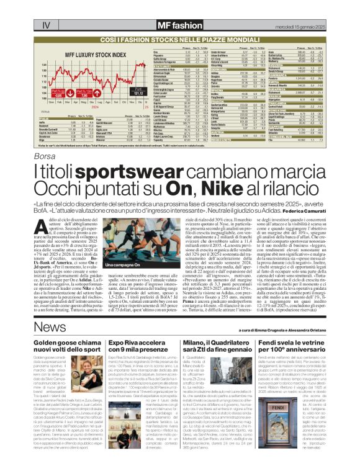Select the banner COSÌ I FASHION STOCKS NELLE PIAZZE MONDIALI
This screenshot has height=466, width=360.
[x=179, y=38]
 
